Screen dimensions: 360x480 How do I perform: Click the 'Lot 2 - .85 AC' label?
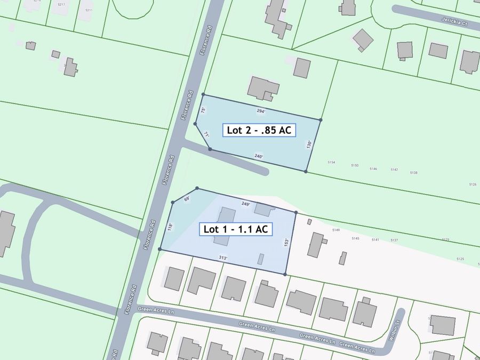(x=259, y=130)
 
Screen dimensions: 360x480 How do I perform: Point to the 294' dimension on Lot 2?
(x=261, y=111)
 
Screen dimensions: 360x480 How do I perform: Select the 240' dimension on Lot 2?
(x=259, y=156)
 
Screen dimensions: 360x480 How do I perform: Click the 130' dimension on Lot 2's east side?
(x=308, y=144)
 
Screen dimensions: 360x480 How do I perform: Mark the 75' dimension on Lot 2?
(x=203, y=110)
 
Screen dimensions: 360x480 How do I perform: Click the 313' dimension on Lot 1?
(x=223, y=258)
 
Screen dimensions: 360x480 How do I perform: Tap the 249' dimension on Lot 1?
(x=245, y=204)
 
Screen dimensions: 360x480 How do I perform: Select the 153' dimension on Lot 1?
(x=286, y=242)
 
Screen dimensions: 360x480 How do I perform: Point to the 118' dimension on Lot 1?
(x=169, y=227)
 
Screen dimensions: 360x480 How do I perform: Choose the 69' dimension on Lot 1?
(x=187, y=199)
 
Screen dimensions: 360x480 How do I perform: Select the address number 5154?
(x=331, y=162)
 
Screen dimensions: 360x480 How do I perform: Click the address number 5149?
(x=335, y=230)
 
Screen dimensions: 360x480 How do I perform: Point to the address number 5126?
(x=473, y=185)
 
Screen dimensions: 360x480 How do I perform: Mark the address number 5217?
(x=61, y=5)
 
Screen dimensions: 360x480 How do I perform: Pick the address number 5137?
(x=394, y=241)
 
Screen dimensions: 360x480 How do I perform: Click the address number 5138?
(x=414, y=173)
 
